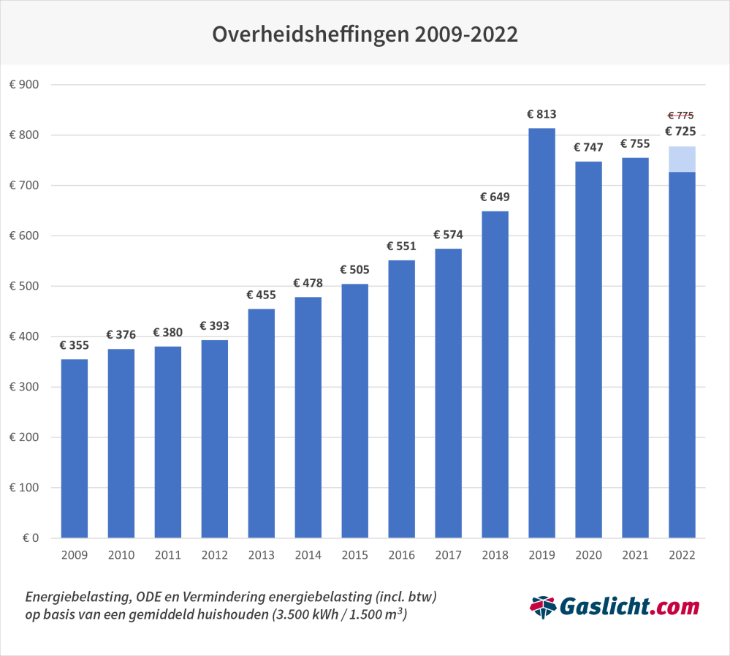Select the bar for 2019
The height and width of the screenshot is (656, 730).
point(541,333)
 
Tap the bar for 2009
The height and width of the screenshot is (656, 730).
point(74,448)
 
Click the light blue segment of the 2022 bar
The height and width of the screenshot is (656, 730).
point(682,159)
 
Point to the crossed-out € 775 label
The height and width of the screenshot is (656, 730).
point(680,116)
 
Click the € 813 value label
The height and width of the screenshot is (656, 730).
point(541,114)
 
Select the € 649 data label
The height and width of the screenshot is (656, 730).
point(495,197)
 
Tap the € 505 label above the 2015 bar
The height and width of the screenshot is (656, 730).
point(354,270)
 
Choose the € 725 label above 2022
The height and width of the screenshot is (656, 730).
point(680,132)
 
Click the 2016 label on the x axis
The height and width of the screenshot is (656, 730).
point(401,555)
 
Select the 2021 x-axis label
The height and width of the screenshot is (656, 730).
point(635,555)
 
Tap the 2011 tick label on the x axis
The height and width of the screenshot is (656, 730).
point(167,555)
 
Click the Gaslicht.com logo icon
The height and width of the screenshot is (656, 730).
point(542,606)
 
